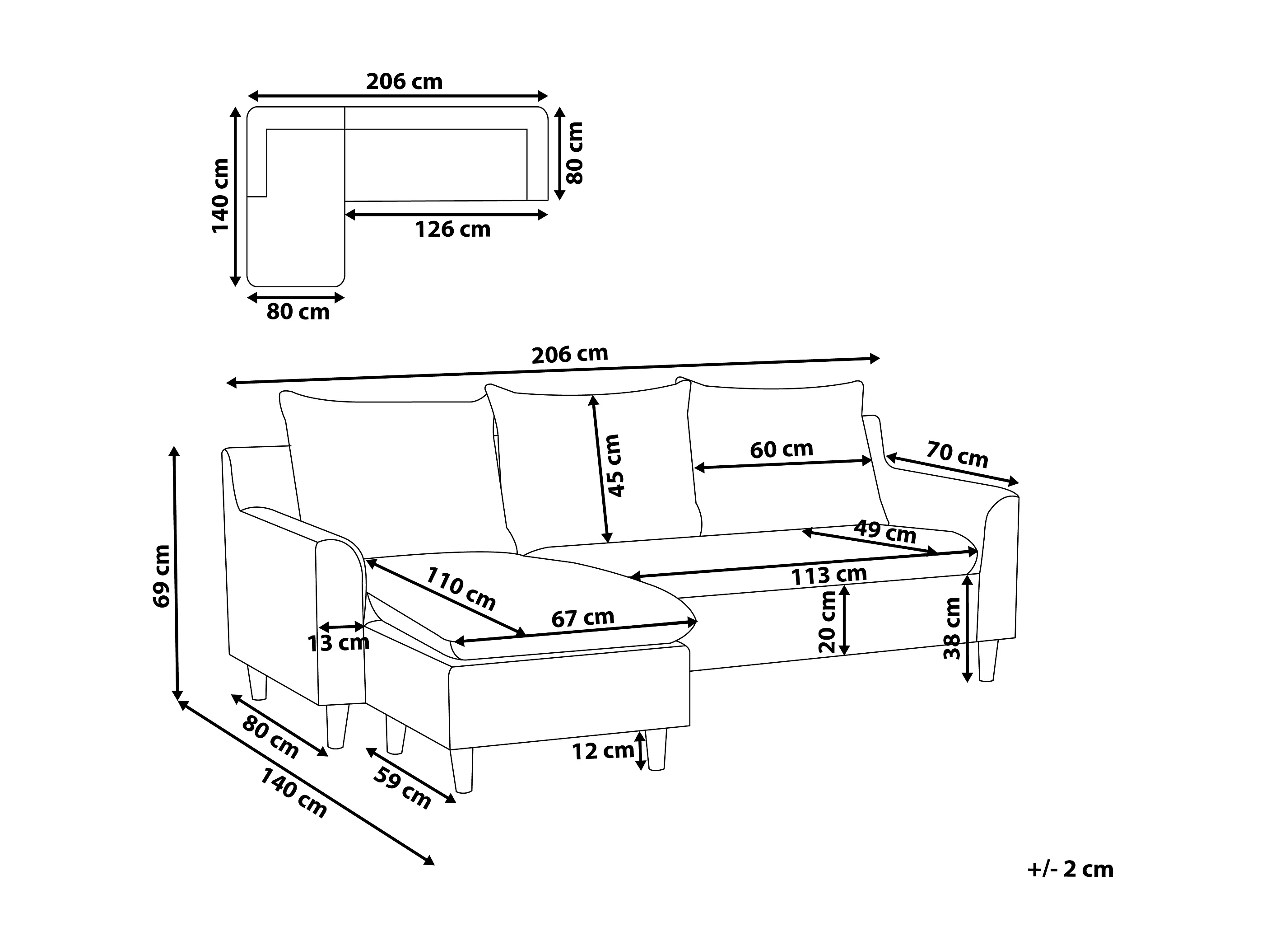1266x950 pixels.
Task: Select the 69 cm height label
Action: [162, 576]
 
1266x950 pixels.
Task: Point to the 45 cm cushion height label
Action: [614, 466]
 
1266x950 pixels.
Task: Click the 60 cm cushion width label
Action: [781, 449]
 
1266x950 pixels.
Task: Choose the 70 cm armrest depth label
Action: [957, 454]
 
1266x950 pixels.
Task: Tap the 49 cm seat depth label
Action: [885, 532]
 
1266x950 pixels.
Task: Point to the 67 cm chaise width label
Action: [582, 618]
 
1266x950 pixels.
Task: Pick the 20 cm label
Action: [827, 622]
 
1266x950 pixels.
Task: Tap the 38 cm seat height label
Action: [952, 628]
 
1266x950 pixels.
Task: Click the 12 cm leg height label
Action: [603, 751]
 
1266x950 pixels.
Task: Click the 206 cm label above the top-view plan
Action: [404, 82]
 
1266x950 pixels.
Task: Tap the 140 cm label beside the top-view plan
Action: [221, 196]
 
